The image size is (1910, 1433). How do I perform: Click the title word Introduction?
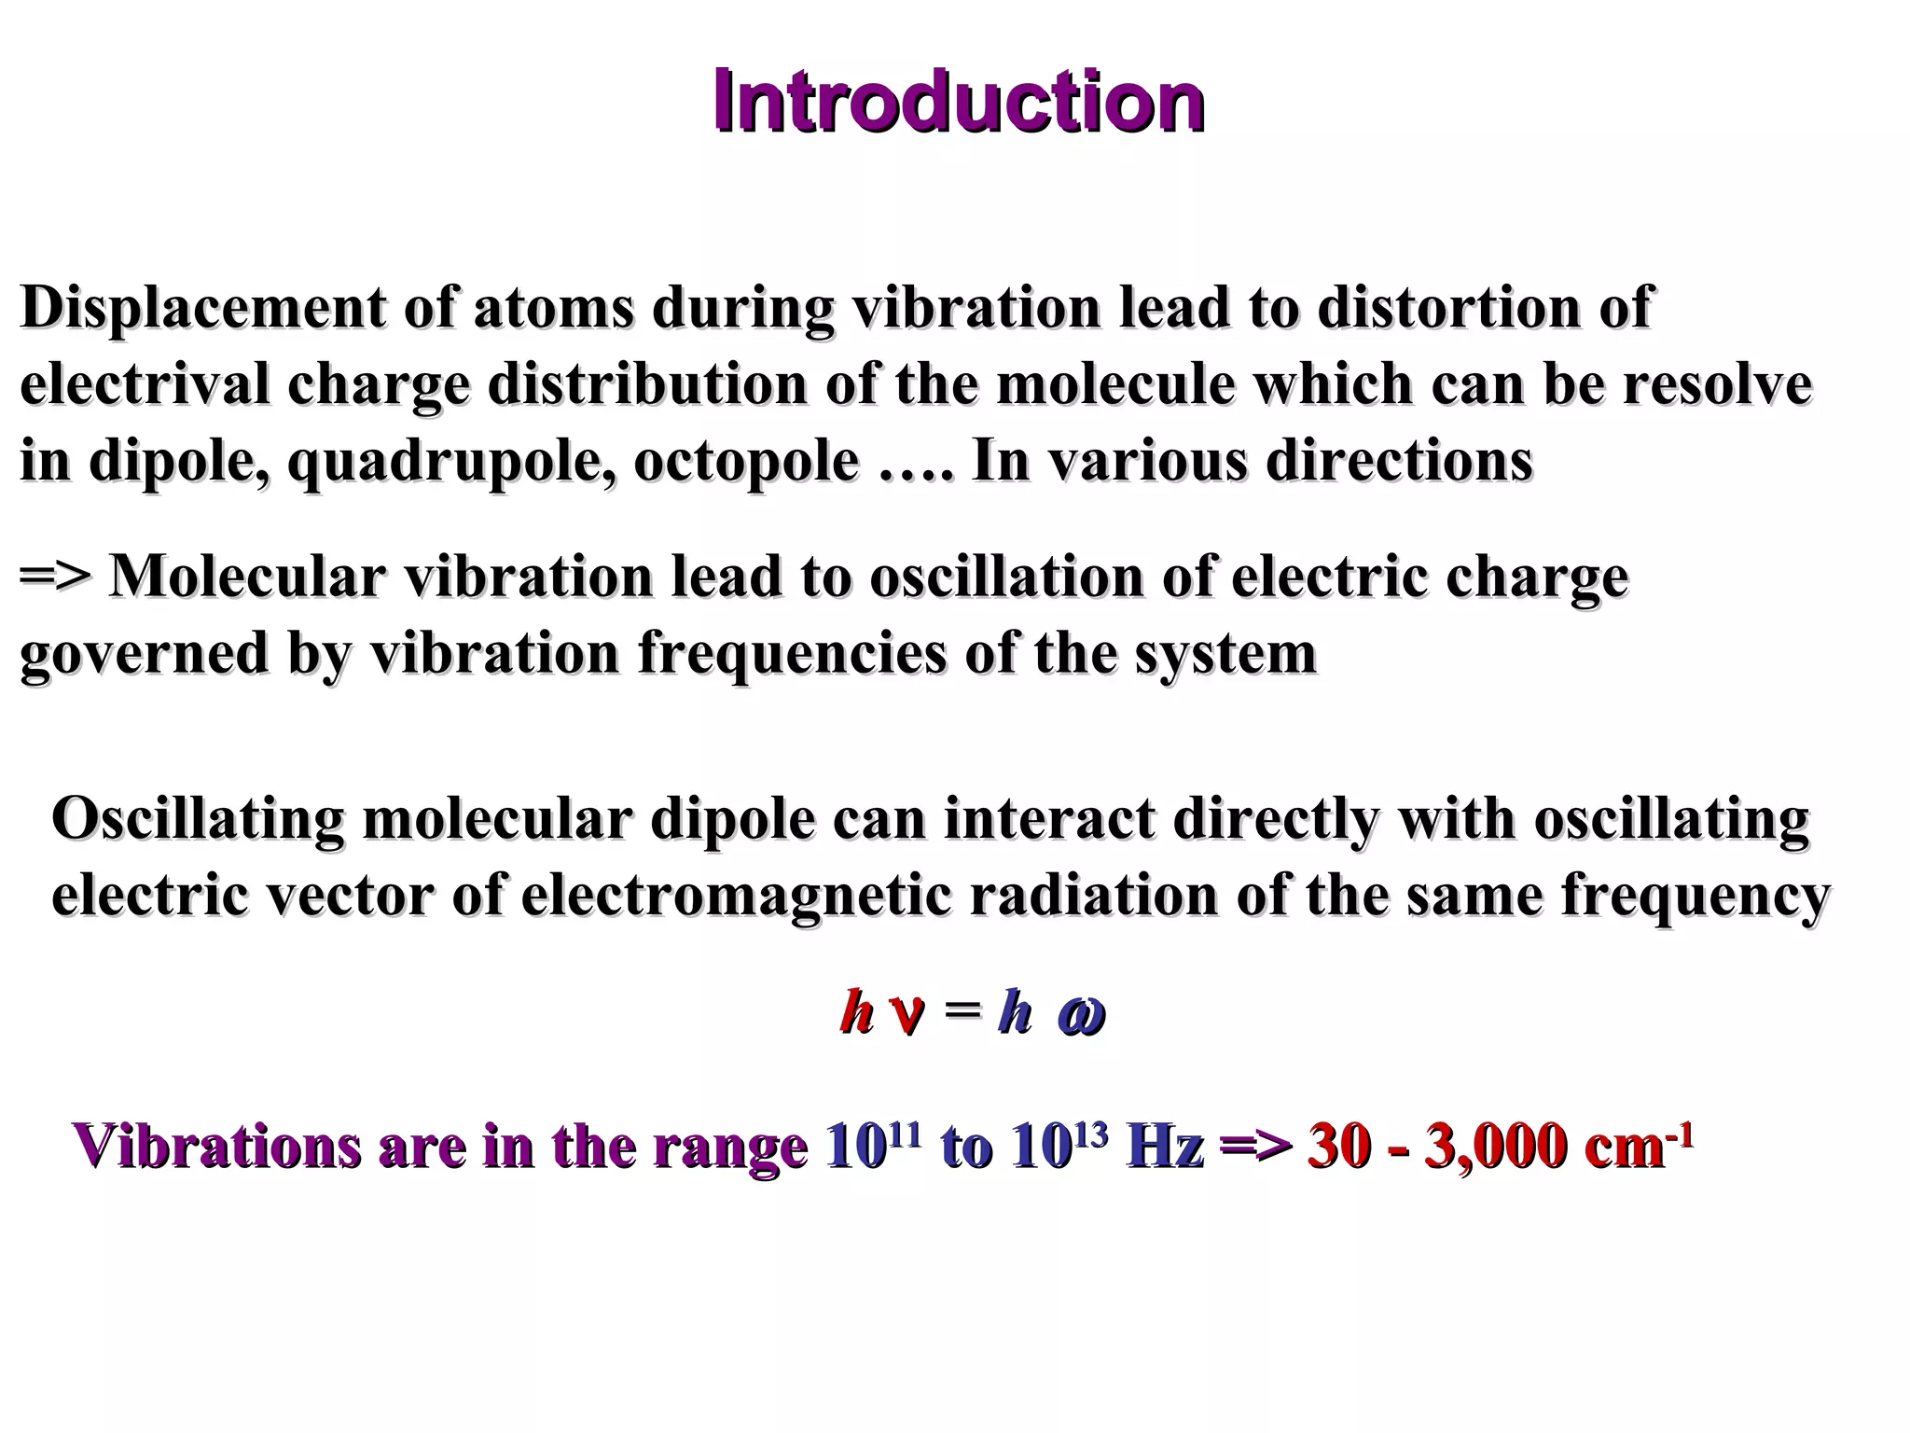[x=958, y=103]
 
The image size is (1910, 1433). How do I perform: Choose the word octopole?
[x=745, y=461]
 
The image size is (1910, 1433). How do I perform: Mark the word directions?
[x=1398, y=461]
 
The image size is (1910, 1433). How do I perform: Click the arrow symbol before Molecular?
[x=56, y=577]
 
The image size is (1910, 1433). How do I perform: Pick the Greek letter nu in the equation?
[x=907, y=1014]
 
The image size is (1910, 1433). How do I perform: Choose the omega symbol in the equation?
[x=1081, y=1015]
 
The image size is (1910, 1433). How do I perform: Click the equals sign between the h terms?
[x=962, y=1012]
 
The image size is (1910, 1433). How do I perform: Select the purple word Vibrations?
[x=216, y=1146]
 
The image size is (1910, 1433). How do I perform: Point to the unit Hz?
[x=1165, y=1146]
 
